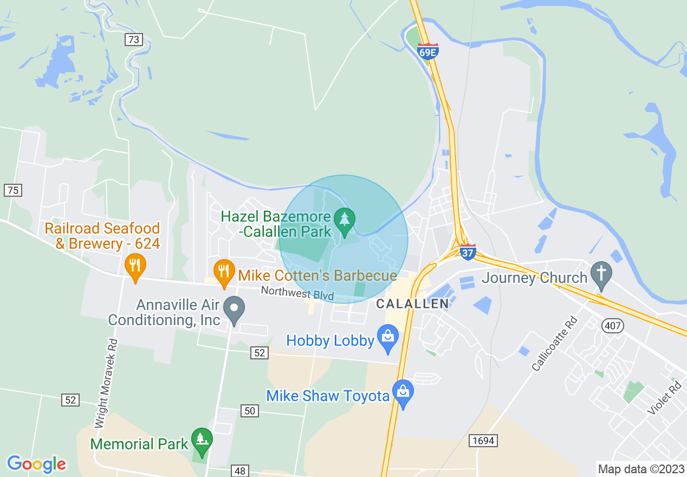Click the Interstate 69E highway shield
pyautogui.click(x=428, y=51)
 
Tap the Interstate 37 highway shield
pyautogui.click(x=468, y=252)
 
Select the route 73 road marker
pyautogui.click(x=133, y=39)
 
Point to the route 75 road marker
pyautogui.click(x=12, y=190)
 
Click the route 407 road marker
pyautogui.click(x=612, y=326)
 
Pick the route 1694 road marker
pyautogui.click(x=483, y=441)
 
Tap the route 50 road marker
pyautogui.click(x=249, y=411)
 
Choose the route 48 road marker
pyautogui.click(x=239, y=470)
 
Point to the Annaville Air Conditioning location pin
pyautogui.click(x=234, y=310)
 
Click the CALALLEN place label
pyautogui.click(x=412, y=304)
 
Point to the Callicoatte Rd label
pyautogui.click(x=555, y=344)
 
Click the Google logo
pyautogui.click(x=36, y=464)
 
